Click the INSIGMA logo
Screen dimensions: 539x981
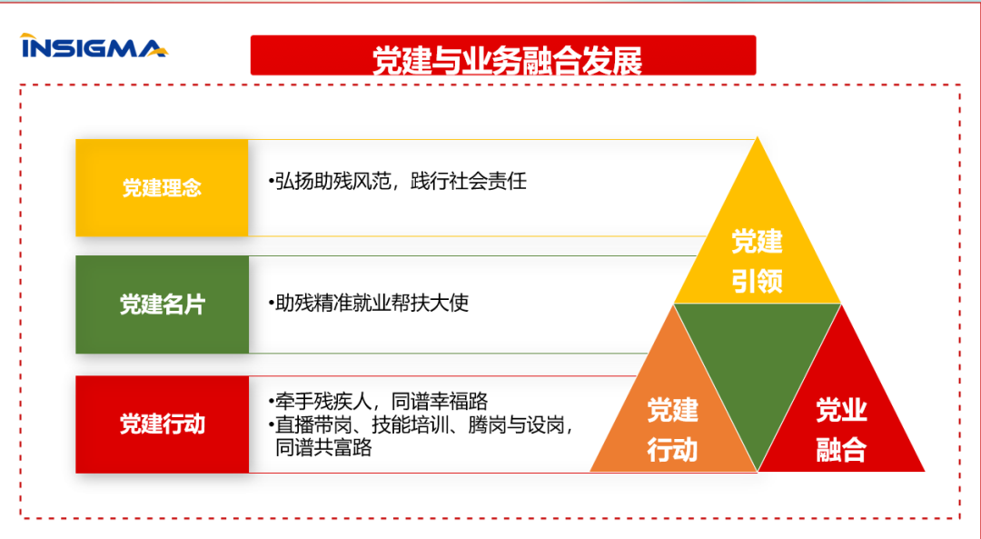point(93,46)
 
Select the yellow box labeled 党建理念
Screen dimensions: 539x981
point(162,188)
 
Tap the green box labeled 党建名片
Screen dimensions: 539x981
point(162,304)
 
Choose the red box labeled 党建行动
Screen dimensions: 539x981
point(162,424)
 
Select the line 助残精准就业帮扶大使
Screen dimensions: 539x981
point(372,303)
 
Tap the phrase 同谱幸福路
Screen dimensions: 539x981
point(440,401)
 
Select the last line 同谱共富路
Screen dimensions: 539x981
point(323,447)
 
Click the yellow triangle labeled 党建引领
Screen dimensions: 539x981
point(757,259)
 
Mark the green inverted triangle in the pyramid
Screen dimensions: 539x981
point(757,364)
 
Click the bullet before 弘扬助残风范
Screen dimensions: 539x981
point(271,181)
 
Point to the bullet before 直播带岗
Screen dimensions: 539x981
point(271,424)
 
